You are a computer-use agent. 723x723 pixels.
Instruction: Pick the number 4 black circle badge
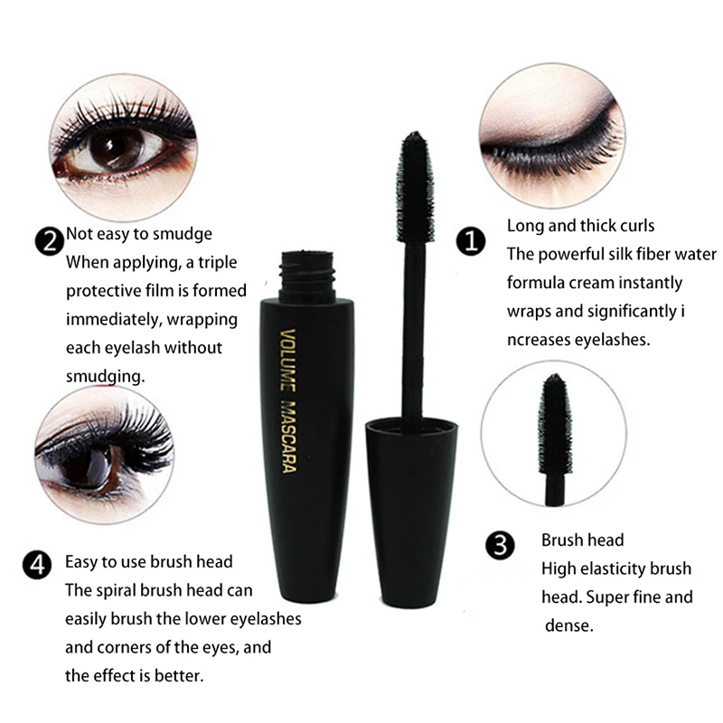pos(37,567)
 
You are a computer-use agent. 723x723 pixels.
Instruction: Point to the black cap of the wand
pos(409,479)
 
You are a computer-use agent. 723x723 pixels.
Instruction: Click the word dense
pos(569,625)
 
